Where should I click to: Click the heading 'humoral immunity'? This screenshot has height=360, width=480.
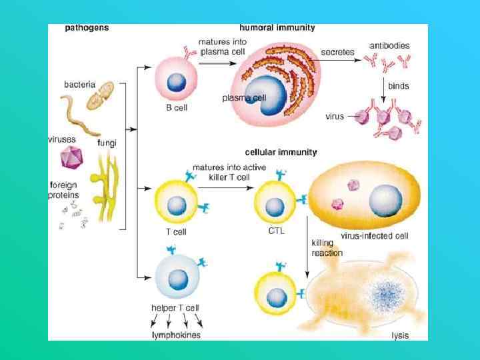click(277, 28)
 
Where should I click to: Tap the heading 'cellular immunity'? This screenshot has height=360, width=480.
click(281, 152)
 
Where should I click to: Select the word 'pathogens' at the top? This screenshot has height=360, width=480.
click(87, 28)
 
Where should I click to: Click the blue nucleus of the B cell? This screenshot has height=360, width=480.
click(176, 83)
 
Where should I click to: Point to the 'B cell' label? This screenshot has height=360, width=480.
click(177, 109)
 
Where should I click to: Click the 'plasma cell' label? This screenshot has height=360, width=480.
click(245, 98)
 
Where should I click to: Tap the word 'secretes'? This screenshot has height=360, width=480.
click(337, 51)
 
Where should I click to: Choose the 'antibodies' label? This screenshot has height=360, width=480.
click(390, 46)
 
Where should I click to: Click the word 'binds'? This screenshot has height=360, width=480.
click(399, 86)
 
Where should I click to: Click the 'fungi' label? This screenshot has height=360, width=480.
click(107, 143)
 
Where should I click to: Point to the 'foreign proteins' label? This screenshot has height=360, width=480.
click(63, 190)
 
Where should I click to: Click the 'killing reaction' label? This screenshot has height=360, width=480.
click(327, 248)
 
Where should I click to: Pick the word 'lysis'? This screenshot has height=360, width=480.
click(400, 335)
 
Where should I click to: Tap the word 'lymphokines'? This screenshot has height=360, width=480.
click(176, 335)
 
